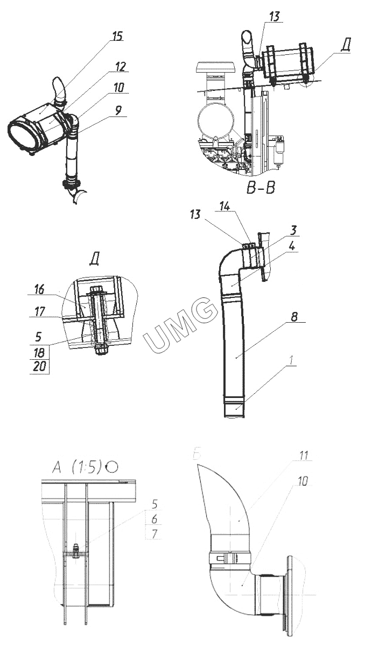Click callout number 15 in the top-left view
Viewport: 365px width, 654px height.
pyautogui.click(x=117, y=36)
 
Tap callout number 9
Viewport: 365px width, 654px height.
pyautogui.click(x=118, y=110)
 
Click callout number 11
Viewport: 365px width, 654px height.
pyautogui.click(x=304, y=456)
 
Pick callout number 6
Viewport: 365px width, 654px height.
pyautogui.click(x=155, y=520)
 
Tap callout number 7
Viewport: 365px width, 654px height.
pyautogui.click(x=155, y=534)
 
